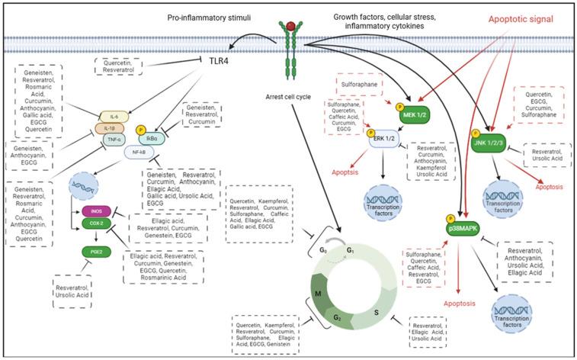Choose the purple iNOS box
pyautogui.click(x=95, y=211)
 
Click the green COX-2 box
pyautogui.click(x=95, y=224)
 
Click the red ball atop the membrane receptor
pyautogui.click(x=290, y=27)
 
